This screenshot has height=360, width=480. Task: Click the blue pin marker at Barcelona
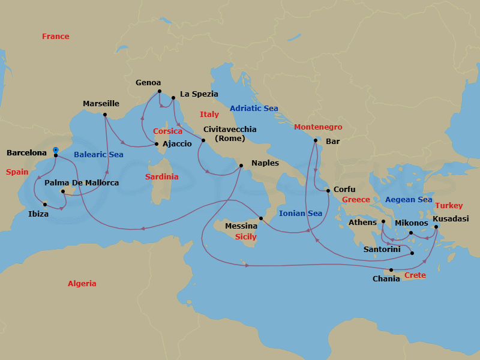pos(55,150)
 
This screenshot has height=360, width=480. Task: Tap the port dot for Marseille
pos(105,115)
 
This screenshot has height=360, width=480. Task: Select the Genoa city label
pos(148,83)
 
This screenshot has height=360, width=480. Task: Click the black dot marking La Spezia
pos(173,97)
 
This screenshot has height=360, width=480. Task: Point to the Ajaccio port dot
pos(157,144)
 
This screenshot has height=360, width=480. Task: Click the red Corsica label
pos(167,131)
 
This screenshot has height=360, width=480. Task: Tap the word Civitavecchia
pos(230,129)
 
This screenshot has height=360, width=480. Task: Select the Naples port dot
pos(241,166)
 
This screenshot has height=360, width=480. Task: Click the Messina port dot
pos(261,218)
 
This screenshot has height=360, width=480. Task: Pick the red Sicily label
pos(245,237)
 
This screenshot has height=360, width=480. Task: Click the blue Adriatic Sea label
pos(254,109)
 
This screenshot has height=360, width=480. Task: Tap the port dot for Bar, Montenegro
pos(315,140)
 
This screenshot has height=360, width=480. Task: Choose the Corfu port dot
pos(328,191)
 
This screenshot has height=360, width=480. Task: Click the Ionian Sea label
pos(301,213)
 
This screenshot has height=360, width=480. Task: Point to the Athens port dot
pos(383,221)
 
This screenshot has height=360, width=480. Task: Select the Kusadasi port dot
pos(436,227)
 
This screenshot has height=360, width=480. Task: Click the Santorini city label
pos(382,249)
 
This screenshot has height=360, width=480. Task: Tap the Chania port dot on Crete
pos(391,269)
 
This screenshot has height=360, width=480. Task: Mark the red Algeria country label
pos(82,283)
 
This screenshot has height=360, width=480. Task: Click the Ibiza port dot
pos(45,204)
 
